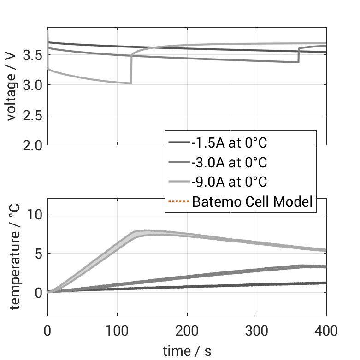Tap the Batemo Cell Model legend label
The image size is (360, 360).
[252, 201]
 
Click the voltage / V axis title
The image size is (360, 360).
[12, 86]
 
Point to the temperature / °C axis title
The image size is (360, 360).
[14, 257]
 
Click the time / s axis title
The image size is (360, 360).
[187, 351]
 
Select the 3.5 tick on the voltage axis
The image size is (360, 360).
[32, 55]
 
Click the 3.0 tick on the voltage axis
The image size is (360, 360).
[32, 85]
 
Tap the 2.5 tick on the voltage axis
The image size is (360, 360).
[32, 115]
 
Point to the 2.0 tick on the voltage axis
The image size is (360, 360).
[32, 145]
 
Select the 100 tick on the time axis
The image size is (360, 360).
[117, 330]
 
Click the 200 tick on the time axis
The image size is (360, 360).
[187, 330]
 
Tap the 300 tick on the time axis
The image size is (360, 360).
[257, 330]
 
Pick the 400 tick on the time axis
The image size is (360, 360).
[326, 330]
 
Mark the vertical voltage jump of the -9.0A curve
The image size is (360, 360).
[131, 69]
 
